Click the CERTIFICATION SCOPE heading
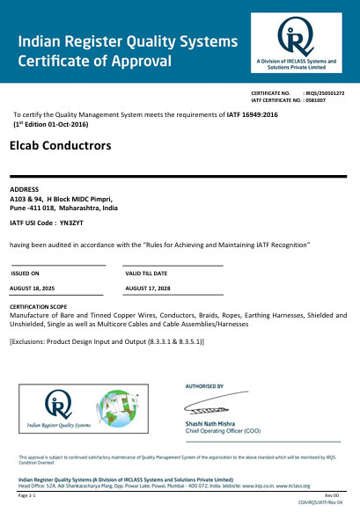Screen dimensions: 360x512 point(40,306)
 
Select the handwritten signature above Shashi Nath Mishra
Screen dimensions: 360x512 point(211,406)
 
